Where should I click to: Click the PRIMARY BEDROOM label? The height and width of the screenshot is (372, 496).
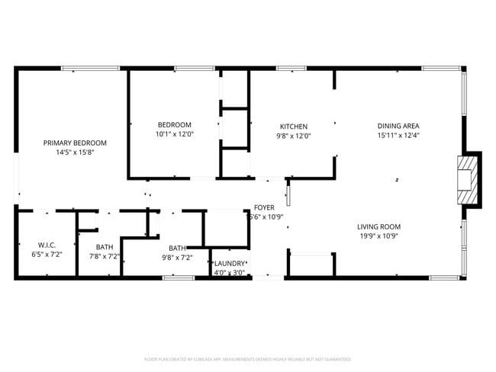click(75, 143)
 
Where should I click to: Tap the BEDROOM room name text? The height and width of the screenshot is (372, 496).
click(174, 125)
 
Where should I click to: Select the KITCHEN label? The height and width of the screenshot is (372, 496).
click(294, 127)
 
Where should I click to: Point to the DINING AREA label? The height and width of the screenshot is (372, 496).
click(398, 126)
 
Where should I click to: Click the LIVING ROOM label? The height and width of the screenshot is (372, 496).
click(378, 226)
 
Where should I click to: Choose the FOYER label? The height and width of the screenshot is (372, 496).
click(264, 207)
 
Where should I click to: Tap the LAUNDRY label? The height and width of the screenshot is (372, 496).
click(230, 263)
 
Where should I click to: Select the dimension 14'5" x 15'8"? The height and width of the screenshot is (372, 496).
click(75, 152)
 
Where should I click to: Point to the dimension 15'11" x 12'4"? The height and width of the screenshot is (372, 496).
click(398, 135)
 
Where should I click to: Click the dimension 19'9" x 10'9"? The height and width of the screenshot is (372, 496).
click(378, 236)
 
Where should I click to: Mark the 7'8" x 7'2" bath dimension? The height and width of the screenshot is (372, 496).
click(105, 257)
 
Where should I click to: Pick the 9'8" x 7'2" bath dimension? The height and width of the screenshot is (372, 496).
click(177, 258)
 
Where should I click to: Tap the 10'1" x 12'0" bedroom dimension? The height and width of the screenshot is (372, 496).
click(174, 134)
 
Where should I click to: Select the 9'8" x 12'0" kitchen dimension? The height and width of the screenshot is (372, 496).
click(294, 136)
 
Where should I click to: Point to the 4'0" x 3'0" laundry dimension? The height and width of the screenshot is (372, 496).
click(229, 272)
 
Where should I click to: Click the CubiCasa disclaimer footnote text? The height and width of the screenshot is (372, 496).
click(248, 358)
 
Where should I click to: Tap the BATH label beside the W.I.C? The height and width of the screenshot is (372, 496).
click(105, 247)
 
